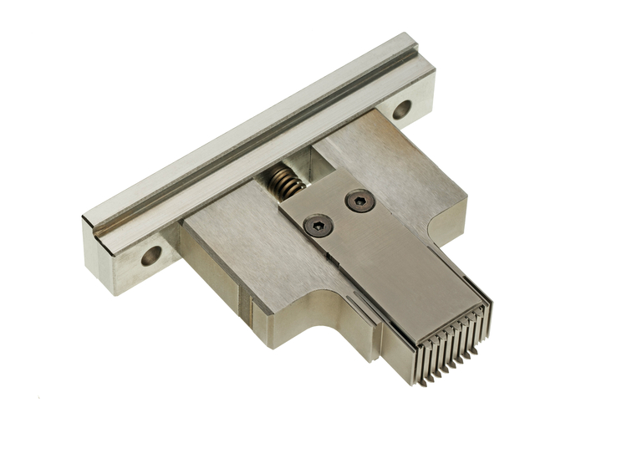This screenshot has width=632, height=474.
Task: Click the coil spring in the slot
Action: pyautogui.click(x=285, y=181)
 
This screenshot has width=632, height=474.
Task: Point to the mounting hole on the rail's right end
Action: pyautogui.click(x=401, y=109)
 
